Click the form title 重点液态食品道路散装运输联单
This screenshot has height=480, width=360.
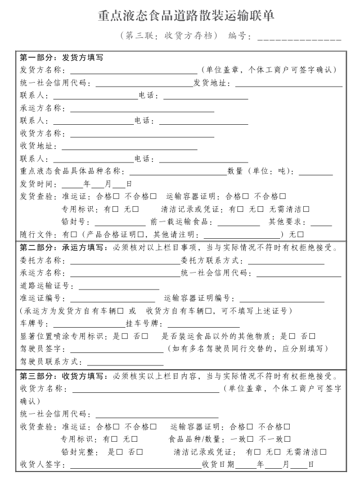[x=186, y=16]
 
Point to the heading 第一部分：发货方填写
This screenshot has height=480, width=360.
[x=61, y=57]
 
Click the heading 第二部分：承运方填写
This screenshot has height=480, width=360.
[x=61, y=247]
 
